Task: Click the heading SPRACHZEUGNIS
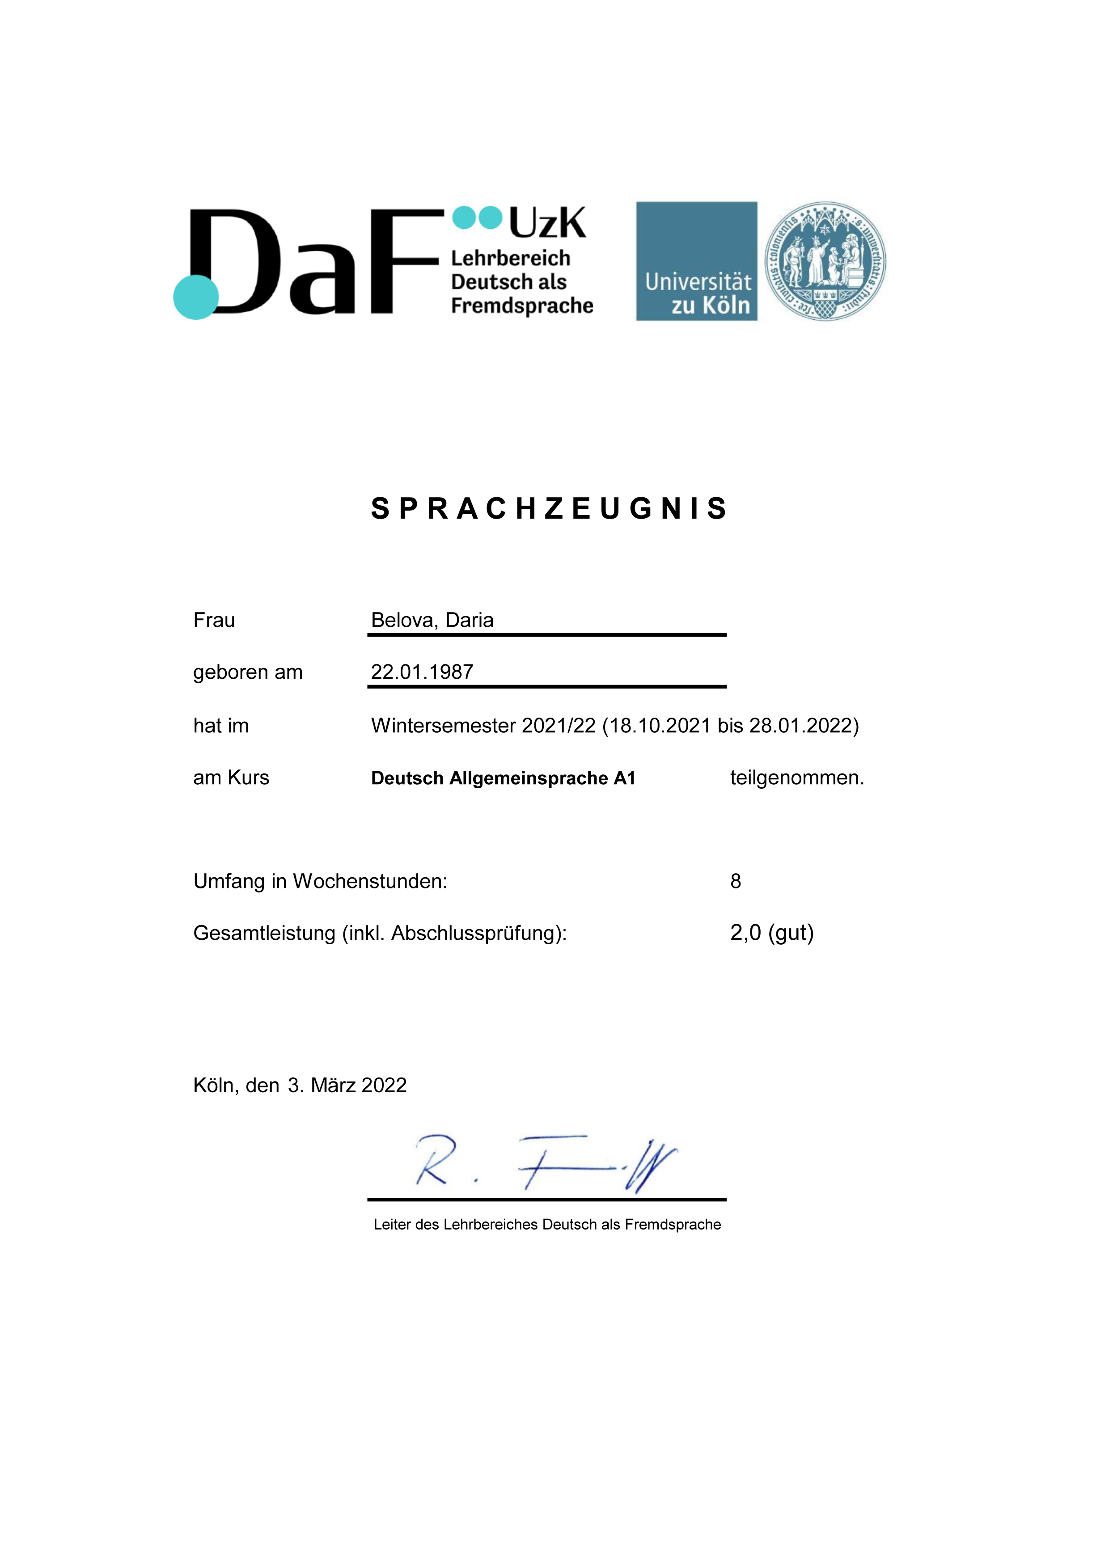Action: point(549,509)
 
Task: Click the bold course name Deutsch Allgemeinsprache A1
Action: point(503,778)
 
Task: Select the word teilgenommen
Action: point(796,778)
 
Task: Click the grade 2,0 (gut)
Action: point(772,932)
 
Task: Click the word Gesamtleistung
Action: point(264,933)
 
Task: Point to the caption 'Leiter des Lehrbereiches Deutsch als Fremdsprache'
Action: point(547,1225)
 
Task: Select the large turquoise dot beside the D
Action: point(196,297)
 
